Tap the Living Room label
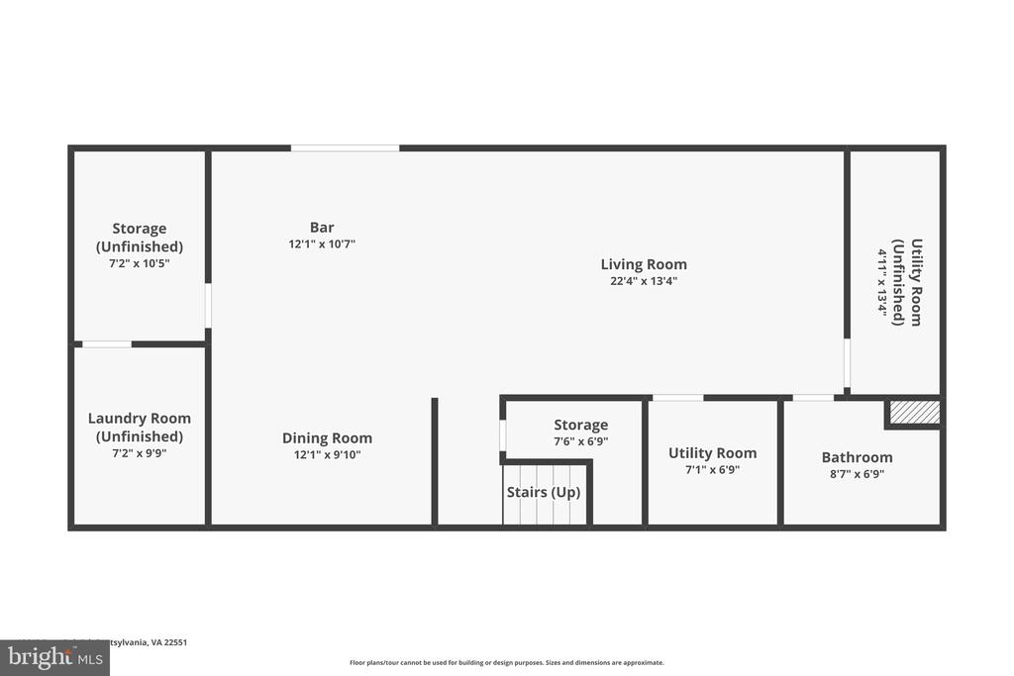[644, 264]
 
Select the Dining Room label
[327, 438]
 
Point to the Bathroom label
[857, 457]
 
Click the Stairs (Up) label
[544, 492]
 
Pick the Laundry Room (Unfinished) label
[140, 428]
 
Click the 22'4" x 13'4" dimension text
[644, 281]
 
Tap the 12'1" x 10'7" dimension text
[322, 243]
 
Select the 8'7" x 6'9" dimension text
[857, 474]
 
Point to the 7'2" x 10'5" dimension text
[140, 263]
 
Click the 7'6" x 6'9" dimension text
[580, 441]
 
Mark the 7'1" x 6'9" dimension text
[712, 470]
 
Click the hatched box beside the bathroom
[912, 412]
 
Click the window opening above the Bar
[345, 148]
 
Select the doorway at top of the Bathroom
[813, 398]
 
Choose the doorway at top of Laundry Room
[106, 344]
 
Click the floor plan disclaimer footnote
[506, 663]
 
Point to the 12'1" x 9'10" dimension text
[327, 455]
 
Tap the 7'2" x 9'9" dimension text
[140, 453]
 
